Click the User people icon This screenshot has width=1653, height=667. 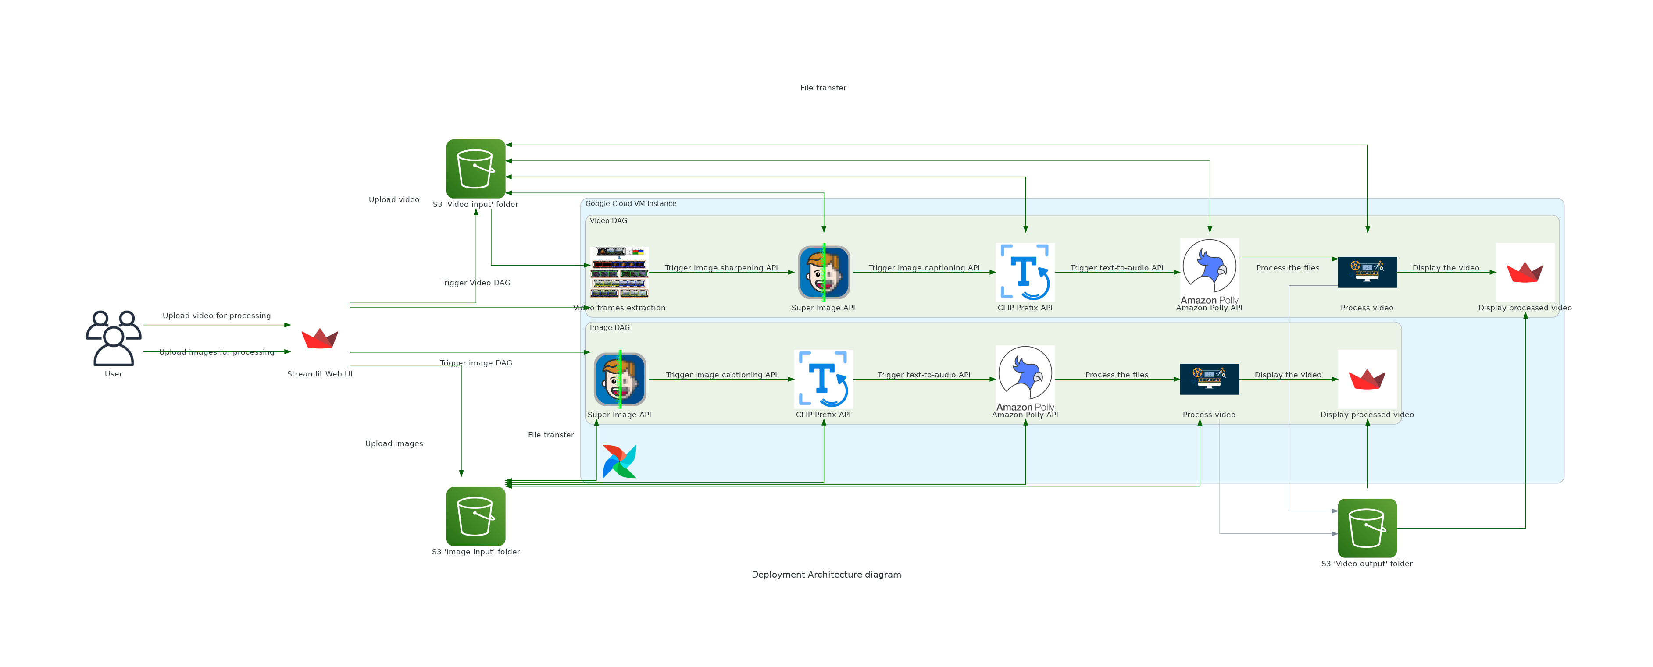tap(114, 338)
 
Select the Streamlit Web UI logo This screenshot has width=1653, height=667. tap(320, 338)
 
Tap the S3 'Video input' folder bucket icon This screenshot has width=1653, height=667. tap(475, 169)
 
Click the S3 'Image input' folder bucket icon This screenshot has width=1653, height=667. tap(475, 516)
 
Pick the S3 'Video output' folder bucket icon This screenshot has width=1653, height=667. tap(1367, 528)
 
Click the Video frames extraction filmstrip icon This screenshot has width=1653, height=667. tap(619, 272)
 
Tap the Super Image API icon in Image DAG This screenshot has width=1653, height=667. tap(619, 379)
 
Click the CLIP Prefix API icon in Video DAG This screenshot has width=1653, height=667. tap(1025, 272)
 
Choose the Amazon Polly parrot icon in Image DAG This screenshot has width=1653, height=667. tap(1025, 375)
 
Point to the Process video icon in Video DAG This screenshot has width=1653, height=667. tap(1367, 272)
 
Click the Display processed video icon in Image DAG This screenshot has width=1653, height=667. tap(1367, 379)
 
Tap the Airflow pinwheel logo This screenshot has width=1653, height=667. tap(619, 461)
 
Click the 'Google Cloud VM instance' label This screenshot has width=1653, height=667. tap(630, 203)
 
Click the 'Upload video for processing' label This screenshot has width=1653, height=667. tap(216, 316)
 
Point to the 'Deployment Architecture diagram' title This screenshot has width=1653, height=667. tap(826, 575)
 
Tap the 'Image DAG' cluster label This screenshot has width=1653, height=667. tap(609, 327)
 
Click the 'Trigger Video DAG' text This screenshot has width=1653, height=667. tap(475, 283)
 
